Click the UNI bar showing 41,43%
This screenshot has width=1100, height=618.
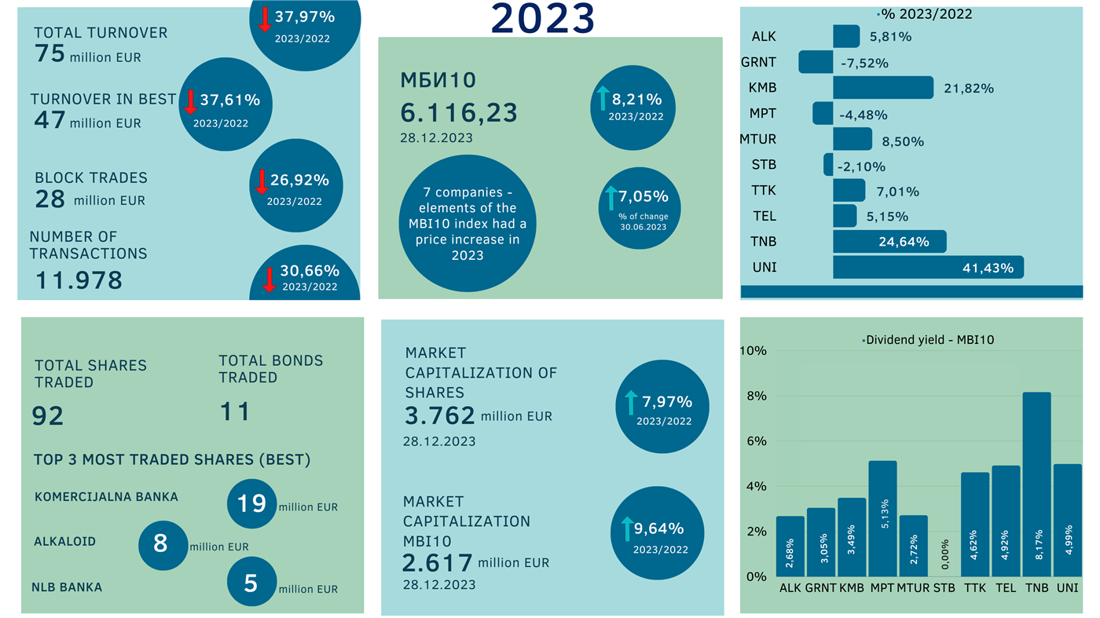tap(927, 267)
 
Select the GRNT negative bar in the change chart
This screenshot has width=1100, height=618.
tap(816, 62)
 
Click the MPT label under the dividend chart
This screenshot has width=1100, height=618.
tap(882, 588)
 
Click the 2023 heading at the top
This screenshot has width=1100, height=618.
tap(543, 19)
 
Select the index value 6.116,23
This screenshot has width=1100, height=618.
tap(459, 113)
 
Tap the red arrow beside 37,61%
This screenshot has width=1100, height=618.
tap(189, 102)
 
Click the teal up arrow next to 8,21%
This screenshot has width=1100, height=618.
tap(603, 99)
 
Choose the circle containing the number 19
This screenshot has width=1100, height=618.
tap(251, 503)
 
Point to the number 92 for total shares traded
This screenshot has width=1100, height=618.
tap(48, 415)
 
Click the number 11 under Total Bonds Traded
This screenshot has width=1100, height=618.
tap(234, 411)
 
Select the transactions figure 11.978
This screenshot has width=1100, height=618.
tap(79, 280)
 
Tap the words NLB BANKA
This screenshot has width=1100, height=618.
tap(67, 587)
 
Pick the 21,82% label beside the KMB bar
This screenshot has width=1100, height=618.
tap(968, 89)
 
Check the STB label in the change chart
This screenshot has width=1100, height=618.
tap(764, 165)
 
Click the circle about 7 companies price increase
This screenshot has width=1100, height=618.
tap(467, 224)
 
